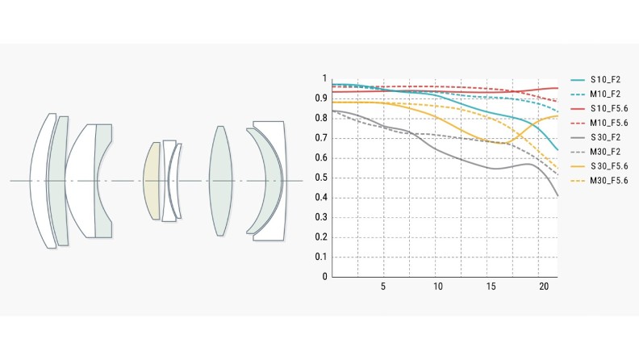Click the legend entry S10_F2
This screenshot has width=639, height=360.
pos(604,80)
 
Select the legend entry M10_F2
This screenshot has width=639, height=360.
pos(604,94)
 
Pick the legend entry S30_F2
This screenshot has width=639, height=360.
pos(604,137)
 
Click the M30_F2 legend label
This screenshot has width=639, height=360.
pos(604,152)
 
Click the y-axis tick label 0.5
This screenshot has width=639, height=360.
pos(324,178)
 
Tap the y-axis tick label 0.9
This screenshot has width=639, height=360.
pos(324,98)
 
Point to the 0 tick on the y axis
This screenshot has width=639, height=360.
pos(324,277)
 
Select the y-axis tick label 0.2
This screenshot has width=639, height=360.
pos(324,237)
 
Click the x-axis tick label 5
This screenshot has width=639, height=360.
pos(383,287)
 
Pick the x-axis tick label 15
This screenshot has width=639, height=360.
pos(491,287)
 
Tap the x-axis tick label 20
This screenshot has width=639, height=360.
pos(544,287)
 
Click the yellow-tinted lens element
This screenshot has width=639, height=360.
pos(152,181)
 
